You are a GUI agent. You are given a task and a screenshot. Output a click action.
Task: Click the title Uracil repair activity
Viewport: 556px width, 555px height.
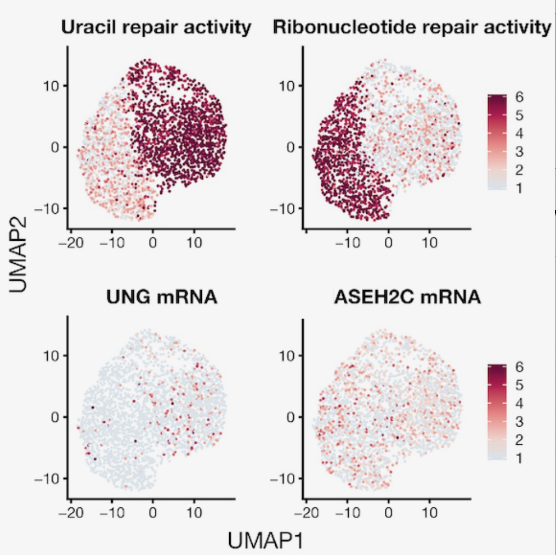[x=156, y=27]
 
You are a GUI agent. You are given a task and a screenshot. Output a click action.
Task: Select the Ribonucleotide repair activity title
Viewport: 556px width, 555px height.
[x=411, y=27]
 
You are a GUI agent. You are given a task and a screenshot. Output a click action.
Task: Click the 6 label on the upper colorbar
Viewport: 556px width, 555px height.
[x=519, y=98]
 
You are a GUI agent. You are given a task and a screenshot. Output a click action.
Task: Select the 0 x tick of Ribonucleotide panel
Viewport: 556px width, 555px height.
[x=388, y=242]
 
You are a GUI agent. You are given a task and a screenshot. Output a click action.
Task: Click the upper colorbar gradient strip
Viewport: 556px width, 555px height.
[x=496, y=143]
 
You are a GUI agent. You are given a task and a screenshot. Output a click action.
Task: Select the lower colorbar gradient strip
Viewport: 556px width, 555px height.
[x=496, y=412]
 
